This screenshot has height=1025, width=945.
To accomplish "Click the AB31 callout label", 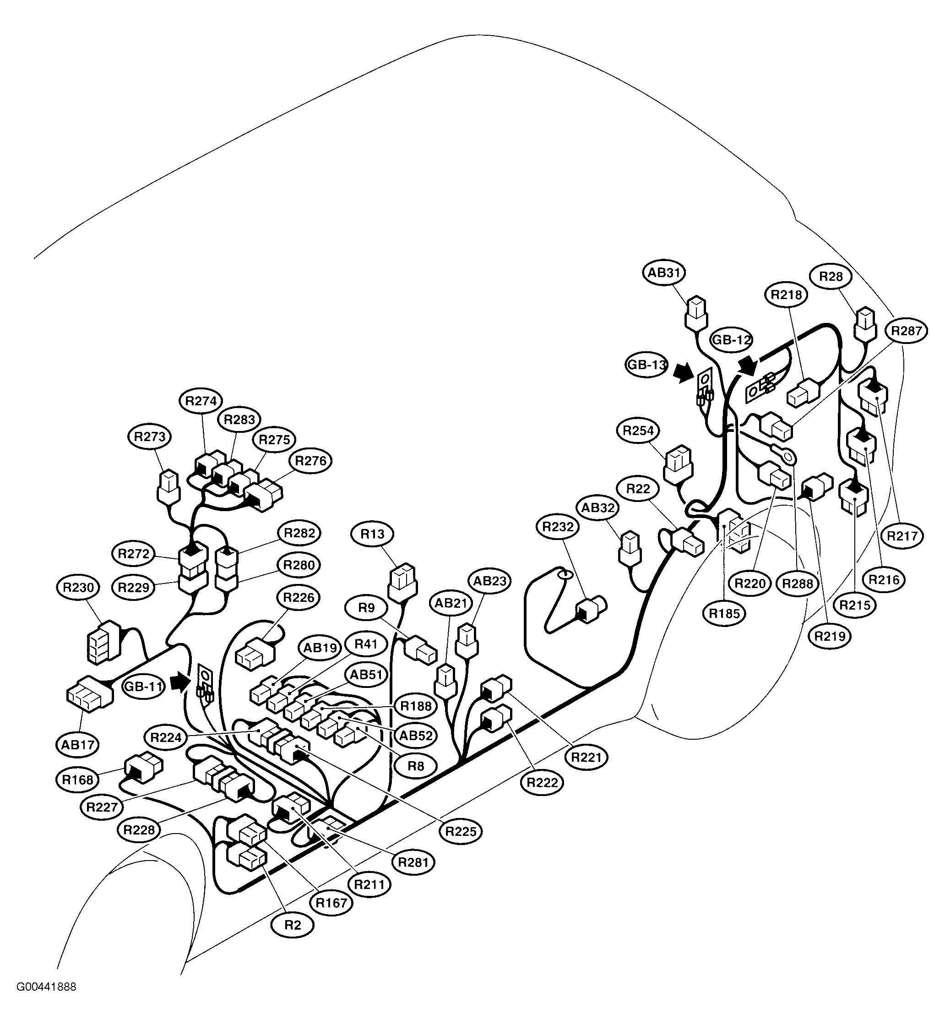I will point(664,273).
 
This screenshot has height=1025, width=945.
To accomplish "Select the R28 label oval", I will point(831,277).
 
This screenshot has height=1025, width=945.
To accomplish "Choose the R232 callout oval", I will point(558,527).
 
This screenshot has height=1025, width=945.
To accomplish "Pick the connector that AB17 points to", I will point(89,694).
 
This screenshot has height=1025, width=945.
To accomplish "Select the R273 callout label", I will point(149,437).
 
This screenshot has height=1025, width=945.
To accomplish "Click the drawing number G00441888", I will point(47,1002).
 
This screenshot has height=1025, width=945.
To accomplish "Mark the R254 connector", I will point(679,464).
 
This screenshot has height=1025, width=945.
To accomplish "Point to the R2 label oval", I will point(293,925).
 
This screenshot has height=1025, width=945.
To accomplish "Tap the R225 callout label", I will point(461,831).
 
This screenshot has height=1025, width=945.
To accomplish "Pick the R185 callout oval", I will point(725,613).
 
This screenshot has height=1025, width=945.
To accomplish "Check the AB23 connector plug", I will point(467,641).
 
